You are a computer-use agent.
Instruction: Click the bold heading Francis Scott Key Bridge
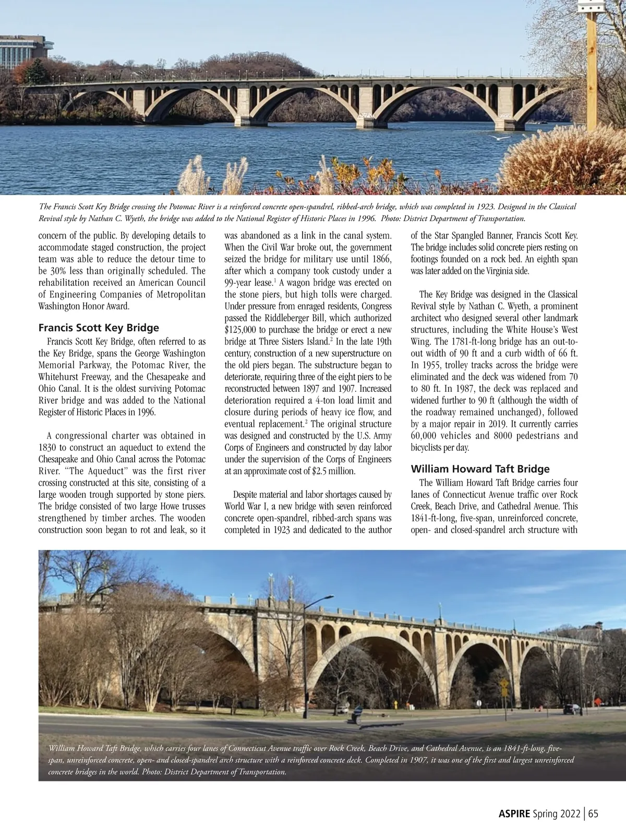click(99, 328)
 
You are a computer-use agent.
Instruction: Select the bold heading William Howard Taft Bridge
click(480, 469)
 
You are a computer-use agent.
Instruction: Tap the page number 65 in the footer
click(593, 813)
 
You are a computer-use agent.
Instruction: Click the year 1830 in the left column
click(49, 447)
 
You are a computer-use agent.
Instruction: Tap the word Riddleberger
click(296, 318)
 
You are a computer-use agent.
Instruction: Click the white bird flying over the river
click(502, 137)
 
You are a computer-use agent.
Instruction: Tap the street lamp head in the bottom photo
click(328, 597)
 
